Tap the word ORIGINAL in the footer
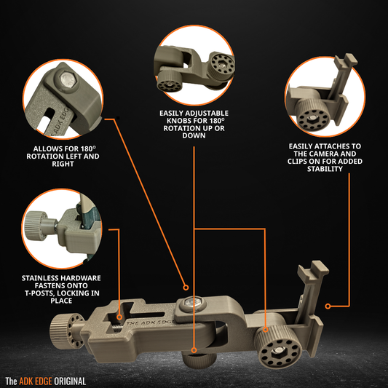click(69, 381)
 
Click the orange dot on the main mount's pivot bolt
click(186, 288)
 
